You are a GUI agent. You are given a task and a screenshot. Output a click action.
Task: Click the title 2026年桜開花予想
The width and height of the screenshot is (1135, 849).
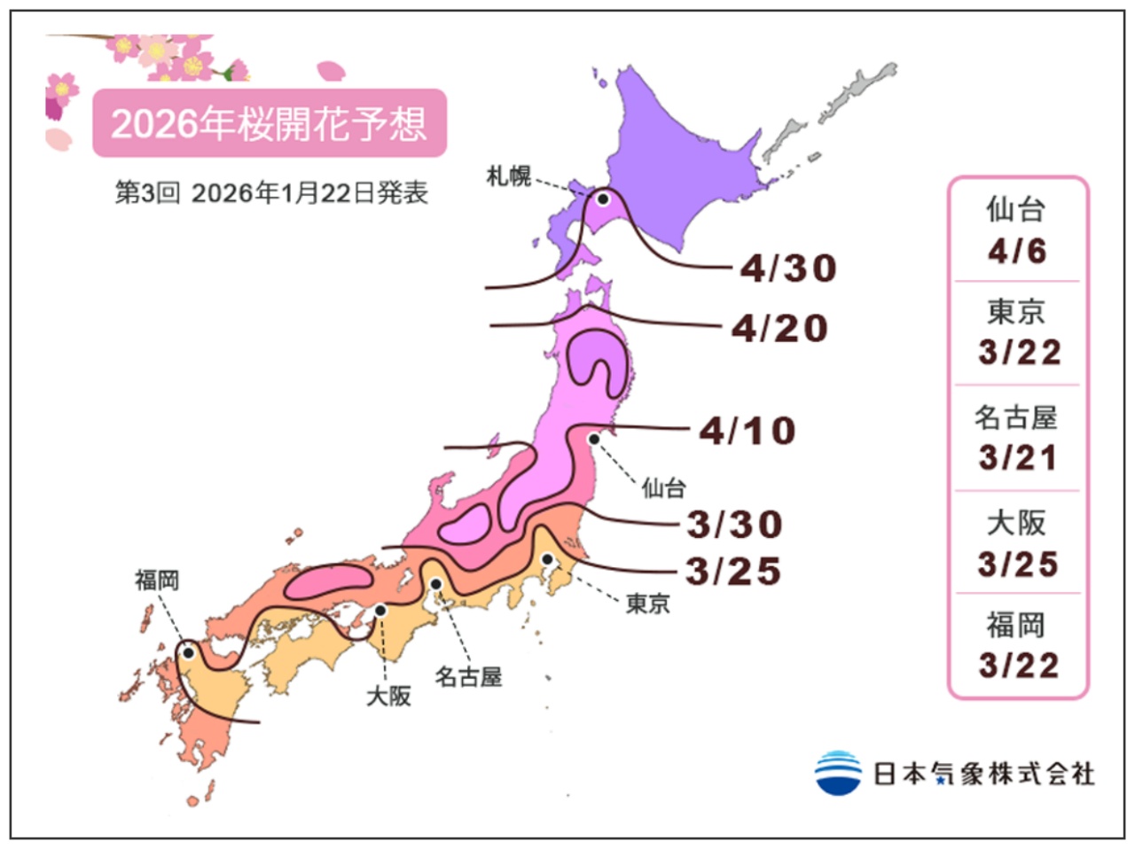[269, 123]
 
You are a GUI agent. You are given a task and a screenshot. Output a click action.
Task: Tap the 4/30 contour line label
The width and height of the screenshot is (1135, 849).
[788, 268]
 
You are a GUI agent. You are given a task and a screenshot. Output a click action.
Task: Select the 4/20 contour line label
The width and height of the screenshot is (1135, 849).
[779, 329]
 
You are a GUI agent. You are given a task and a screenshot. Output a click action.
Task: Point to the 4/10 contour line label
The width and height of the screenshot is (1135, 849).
[748, 432]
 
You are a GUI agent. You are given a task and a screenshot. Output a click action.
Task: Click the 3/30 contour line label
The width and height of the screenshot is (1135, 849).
[735, 525]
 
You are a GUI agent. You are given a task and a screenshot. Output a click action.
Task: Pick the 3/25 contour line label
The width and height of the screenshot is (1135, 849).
[733, 572]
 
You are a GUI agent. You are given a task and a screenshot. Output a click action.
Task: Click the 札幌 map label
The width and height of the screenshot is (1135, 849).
[509, 176]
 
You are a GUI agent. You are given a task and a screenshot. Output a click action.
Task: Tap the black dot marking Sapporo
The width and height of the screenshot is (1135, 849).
[603, 199]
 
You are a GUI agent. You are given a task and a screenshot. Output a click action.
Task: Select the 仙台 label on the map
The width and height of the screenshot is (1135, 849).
[663, 487]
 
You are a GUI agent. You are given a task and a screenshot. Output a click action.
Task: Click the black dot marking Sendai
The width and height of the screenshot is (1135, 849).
[594, 438]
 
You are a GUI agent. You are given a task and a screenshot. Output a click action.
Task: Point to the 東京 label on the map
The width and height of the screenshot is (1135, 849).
[648, 604]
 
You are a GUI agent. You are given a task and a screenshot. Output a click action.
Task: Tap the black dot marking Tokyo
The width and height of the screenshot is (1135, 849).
[548, 559]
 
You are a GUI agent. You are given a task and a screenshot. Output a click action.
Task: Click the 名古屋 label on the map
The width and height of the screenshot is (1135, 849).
[468, 677]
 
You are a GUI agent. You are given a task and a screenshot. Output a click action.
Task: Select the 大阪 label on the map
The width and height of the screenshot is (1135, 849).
[388, 697]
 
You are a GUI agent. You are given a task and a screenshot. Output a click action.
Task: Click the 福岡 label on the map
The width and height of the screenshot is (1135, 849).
[157, 580]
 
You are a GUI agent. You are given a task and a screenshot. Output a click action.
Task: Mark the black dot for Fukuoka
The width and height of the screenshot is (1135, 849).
[188, 653]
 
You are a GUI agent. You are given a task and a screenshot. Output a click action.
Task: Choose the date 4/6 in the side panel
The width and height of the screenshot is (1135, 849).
[1017, 252]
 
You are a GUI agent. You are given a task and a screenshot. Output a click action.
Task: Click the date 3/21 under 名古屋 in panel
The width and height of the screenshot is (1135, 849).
[1018, 458]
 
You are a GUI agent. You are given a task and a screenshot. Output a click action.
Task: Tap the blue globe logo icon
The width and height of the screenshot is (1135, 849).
[837, 773]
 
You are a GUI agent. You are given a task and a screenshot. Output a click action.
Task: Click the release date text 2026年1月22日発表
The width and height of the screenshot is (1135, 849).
[309, 193]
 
